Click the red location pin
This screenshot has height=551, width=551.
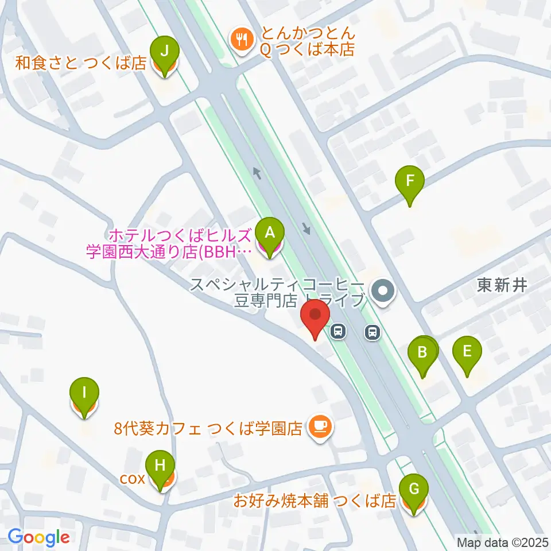click(x=315, y=319)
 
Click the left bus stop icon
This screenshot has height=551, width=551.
click(x=339, y=331)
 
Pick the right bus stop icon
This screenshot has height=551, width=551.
click(x=373, y=331)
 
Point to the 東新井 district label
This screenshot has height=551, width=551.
click(x=502, y=286)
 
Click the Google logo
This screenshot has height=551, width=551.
click(x=39, y=538)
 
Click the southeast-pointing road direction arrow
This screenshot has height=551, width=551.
click(x=307, y=228)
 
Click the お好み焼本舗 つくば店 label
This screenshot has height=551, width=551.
click(x=315, y=501)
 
